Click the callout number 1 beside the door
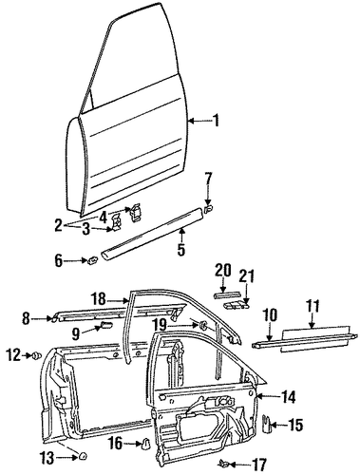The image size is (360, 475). pos(216,121)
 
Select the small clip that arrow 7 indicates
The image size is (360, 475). pos(208,209)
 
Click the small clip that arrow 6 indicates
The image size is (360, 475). pos(92,261)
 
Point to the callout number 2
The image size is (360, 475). pos(58,225)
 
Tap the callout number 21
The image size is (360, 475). pos(246,276)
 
